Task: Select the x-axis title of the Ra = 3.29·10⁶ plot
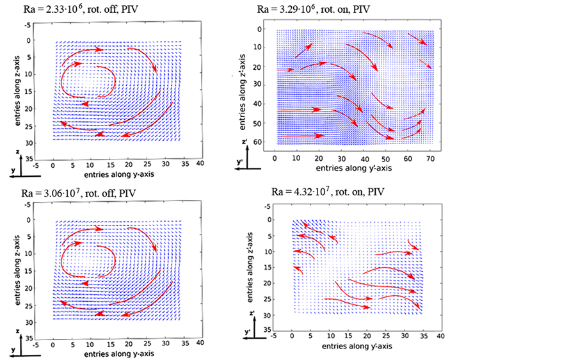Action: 348,168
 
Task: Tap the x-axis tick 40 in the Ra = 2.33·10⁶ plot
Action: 200,165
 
